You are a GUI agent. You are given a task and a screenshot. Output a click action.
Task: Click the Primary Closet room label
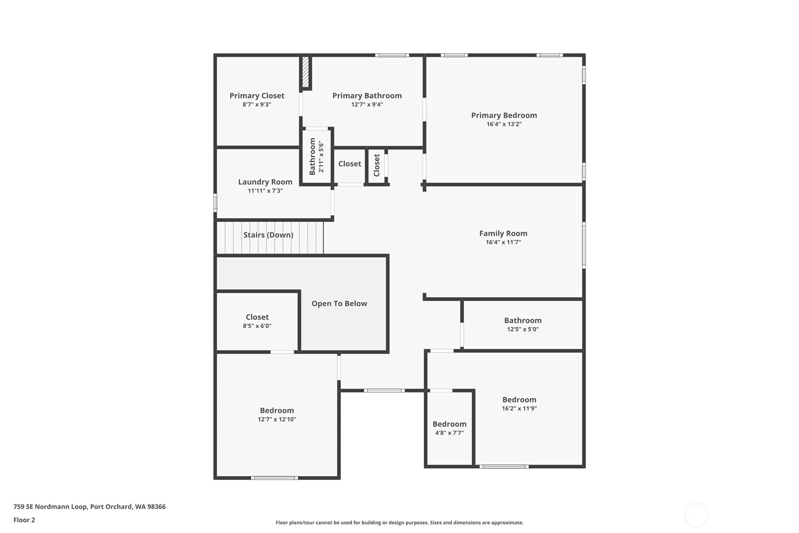coord(257,96)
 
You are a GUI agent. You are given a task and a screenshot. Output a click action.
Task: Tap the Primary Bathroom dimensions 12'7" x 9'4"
coord(367,105)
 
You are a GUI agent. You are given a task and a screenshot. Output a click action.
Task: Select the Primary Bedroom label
coord(504,115)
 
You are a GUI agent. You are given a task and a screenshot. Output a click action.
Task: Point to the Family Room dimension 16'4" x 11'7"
coord(503,242)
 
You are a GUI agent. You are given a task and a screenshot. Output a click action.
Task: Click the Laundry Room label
coord(265,182)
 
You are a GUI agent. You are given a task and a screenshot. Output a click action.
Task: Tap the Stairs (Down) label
coord(268,235)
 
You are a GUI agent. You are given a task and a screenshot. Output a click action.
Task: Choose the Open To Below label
coord(339,303)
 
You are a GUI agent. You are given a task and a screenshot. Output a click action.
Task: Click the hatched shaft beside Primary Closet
coord(305,72)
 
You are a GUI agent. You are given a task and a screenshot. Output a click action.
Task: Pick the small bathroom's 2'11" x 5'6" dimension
coord(321,157)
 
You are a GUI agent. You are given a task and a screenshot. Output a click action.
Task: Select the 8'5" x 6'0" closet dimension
coord(257,326)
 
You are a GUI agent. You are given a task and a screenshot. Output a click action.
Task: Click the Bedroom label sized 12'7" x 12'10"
coord(277,410)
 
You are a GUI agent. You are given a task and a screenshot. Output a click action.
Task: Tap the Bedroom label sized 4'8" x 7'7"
coord(450,424)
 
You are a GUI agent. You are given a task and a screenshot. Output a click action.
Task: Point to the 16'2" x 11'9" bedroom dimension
coord(519,409)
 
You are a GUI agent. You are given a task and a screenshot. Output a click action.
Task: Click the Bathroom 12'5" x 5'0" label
coord(523,320)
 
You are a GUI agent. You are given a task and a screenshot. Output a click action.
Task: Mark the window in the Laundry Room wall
coord(215,203)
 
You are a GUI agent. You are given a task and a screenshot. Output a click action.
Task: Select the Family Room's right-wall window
coord(584,245)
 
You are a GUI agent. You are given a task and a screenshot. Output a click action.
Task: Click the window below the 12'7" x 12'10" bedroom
coord(274,478)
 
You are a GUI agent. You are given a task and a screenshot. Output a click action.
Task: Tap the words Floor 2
coord(24,520)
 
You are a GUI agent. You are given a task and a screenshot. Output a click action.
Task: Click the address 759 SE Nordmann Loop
coord(50,507)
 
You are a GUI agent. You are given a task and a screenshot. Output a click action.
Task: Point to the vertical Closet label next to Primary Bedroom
coord(377,165)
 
